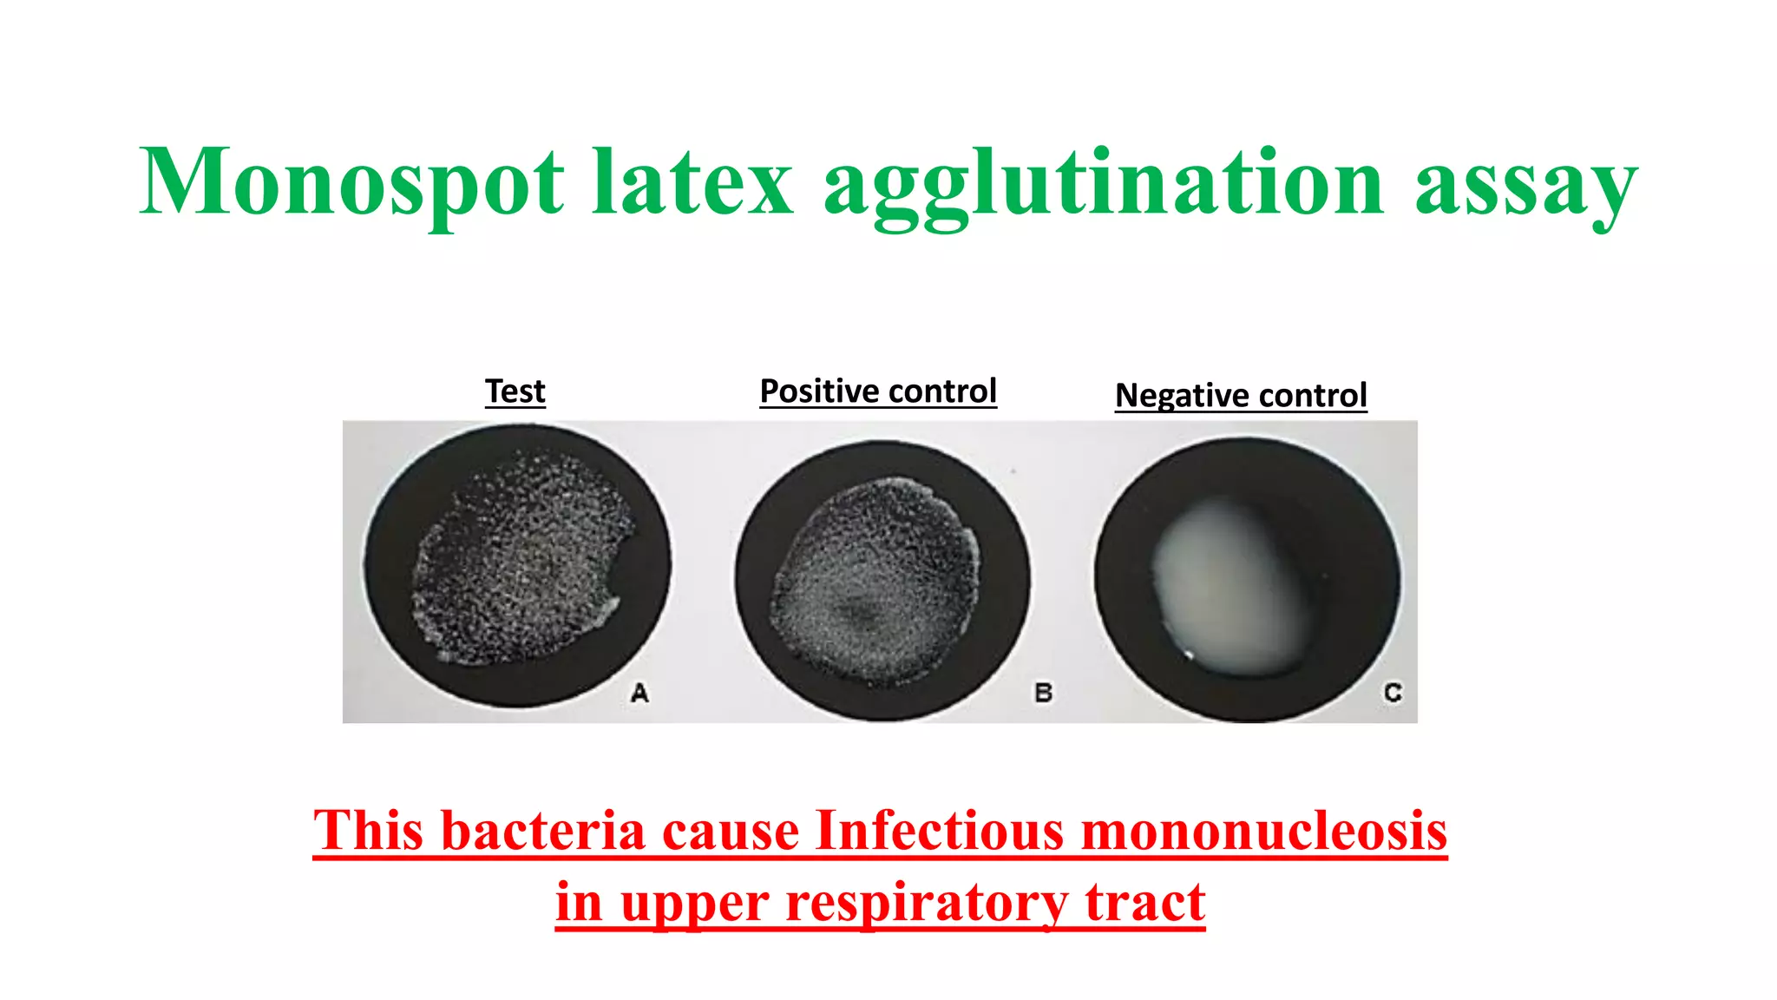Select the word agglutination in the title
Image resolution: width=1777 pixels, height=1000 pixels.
coord(1103,184)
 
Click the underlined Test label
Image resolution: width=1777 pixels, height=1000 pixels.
coord(515,391)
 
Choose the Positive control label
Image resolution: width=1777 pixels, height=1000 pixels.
coord(878,391)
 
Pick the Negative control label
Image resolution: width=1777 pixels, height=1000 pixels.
coord(1241,396)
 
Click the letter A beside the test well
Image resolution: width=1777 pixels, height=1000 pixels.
coord(639,693)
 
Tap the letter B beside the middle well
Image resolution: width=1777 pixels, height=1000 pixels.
coord(1044,693)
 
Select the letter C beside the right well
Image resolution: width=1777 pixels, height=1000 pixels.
coord(1393,693)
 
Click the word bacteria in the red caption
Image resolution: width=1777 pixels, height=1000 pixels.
coord(544,831)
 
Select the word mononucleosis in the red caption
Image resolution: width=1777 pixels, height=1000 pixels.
coord(1264,831)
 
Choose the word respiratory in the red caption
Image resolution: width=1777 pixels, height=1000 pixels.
coord(928,903)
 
